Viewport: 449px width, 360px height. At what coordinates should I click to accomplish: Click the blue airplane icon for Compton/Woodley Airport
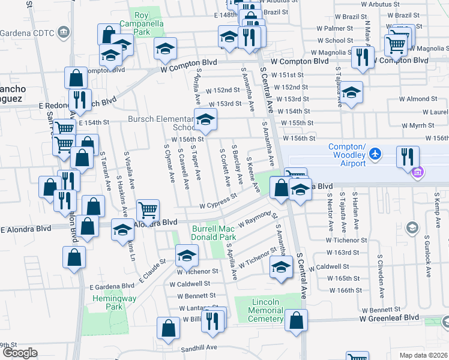point(375,154)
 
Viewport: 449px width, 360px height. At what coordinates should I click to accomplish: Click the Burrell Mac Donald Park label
point(214,233)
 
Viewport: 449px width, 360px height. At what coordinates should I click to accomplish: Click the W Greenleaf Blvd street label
point(388,317)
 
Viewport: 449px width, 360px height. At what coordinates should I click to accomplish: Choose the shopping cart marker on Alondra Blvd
point(148,211)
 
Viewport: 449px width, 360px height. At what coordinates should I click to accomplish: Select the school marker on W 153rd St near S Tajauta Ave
point(352,92)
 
